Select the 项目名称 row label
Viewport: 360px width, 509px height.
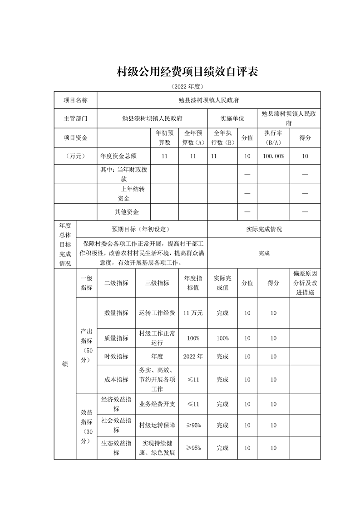[75, 100]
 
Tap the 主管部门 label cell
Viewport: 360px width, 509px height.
[75, 118]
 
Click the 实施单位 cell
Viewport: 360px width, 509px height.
[232, 118]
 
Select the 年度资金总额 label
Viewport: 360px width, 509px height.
[118, 156]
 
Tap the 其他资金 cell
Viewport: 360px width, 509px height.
[127, 212]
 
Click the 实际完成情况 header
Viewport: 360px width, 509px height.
[264, 229]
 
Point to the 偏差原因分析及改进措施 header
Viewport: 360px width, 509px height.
[305, 284]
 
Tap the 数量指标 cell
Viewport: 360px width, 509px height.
[116, 313]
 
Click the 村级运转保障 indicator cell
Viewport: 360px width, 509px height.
[157, 425]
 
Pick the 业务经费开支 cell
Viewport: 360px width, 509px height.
[157, 404]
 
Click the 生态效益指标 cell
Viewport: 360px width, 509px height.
[116, 448]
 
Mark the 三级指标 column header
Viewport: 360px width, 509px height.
[157, 283]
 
